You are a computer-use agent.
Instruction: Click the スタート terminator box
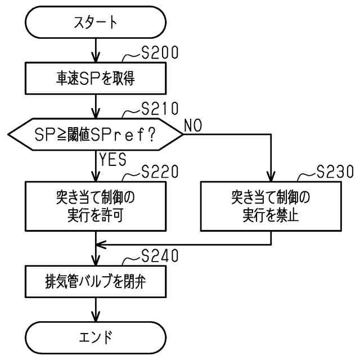[96, 22]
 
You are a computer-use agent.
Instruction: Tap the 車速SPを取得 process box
[96, 78]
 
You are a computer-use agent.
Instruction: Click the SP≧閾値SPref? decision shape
[96, 134]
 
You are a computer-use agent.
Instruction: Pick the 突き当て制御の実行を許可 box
[96, 206]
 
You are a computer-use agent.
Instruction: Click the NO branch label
[193, 125]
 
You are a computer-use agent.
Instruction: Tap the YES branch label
[112, 159]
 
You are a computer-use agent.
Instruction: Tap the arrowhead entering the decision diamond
[96, 114]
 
